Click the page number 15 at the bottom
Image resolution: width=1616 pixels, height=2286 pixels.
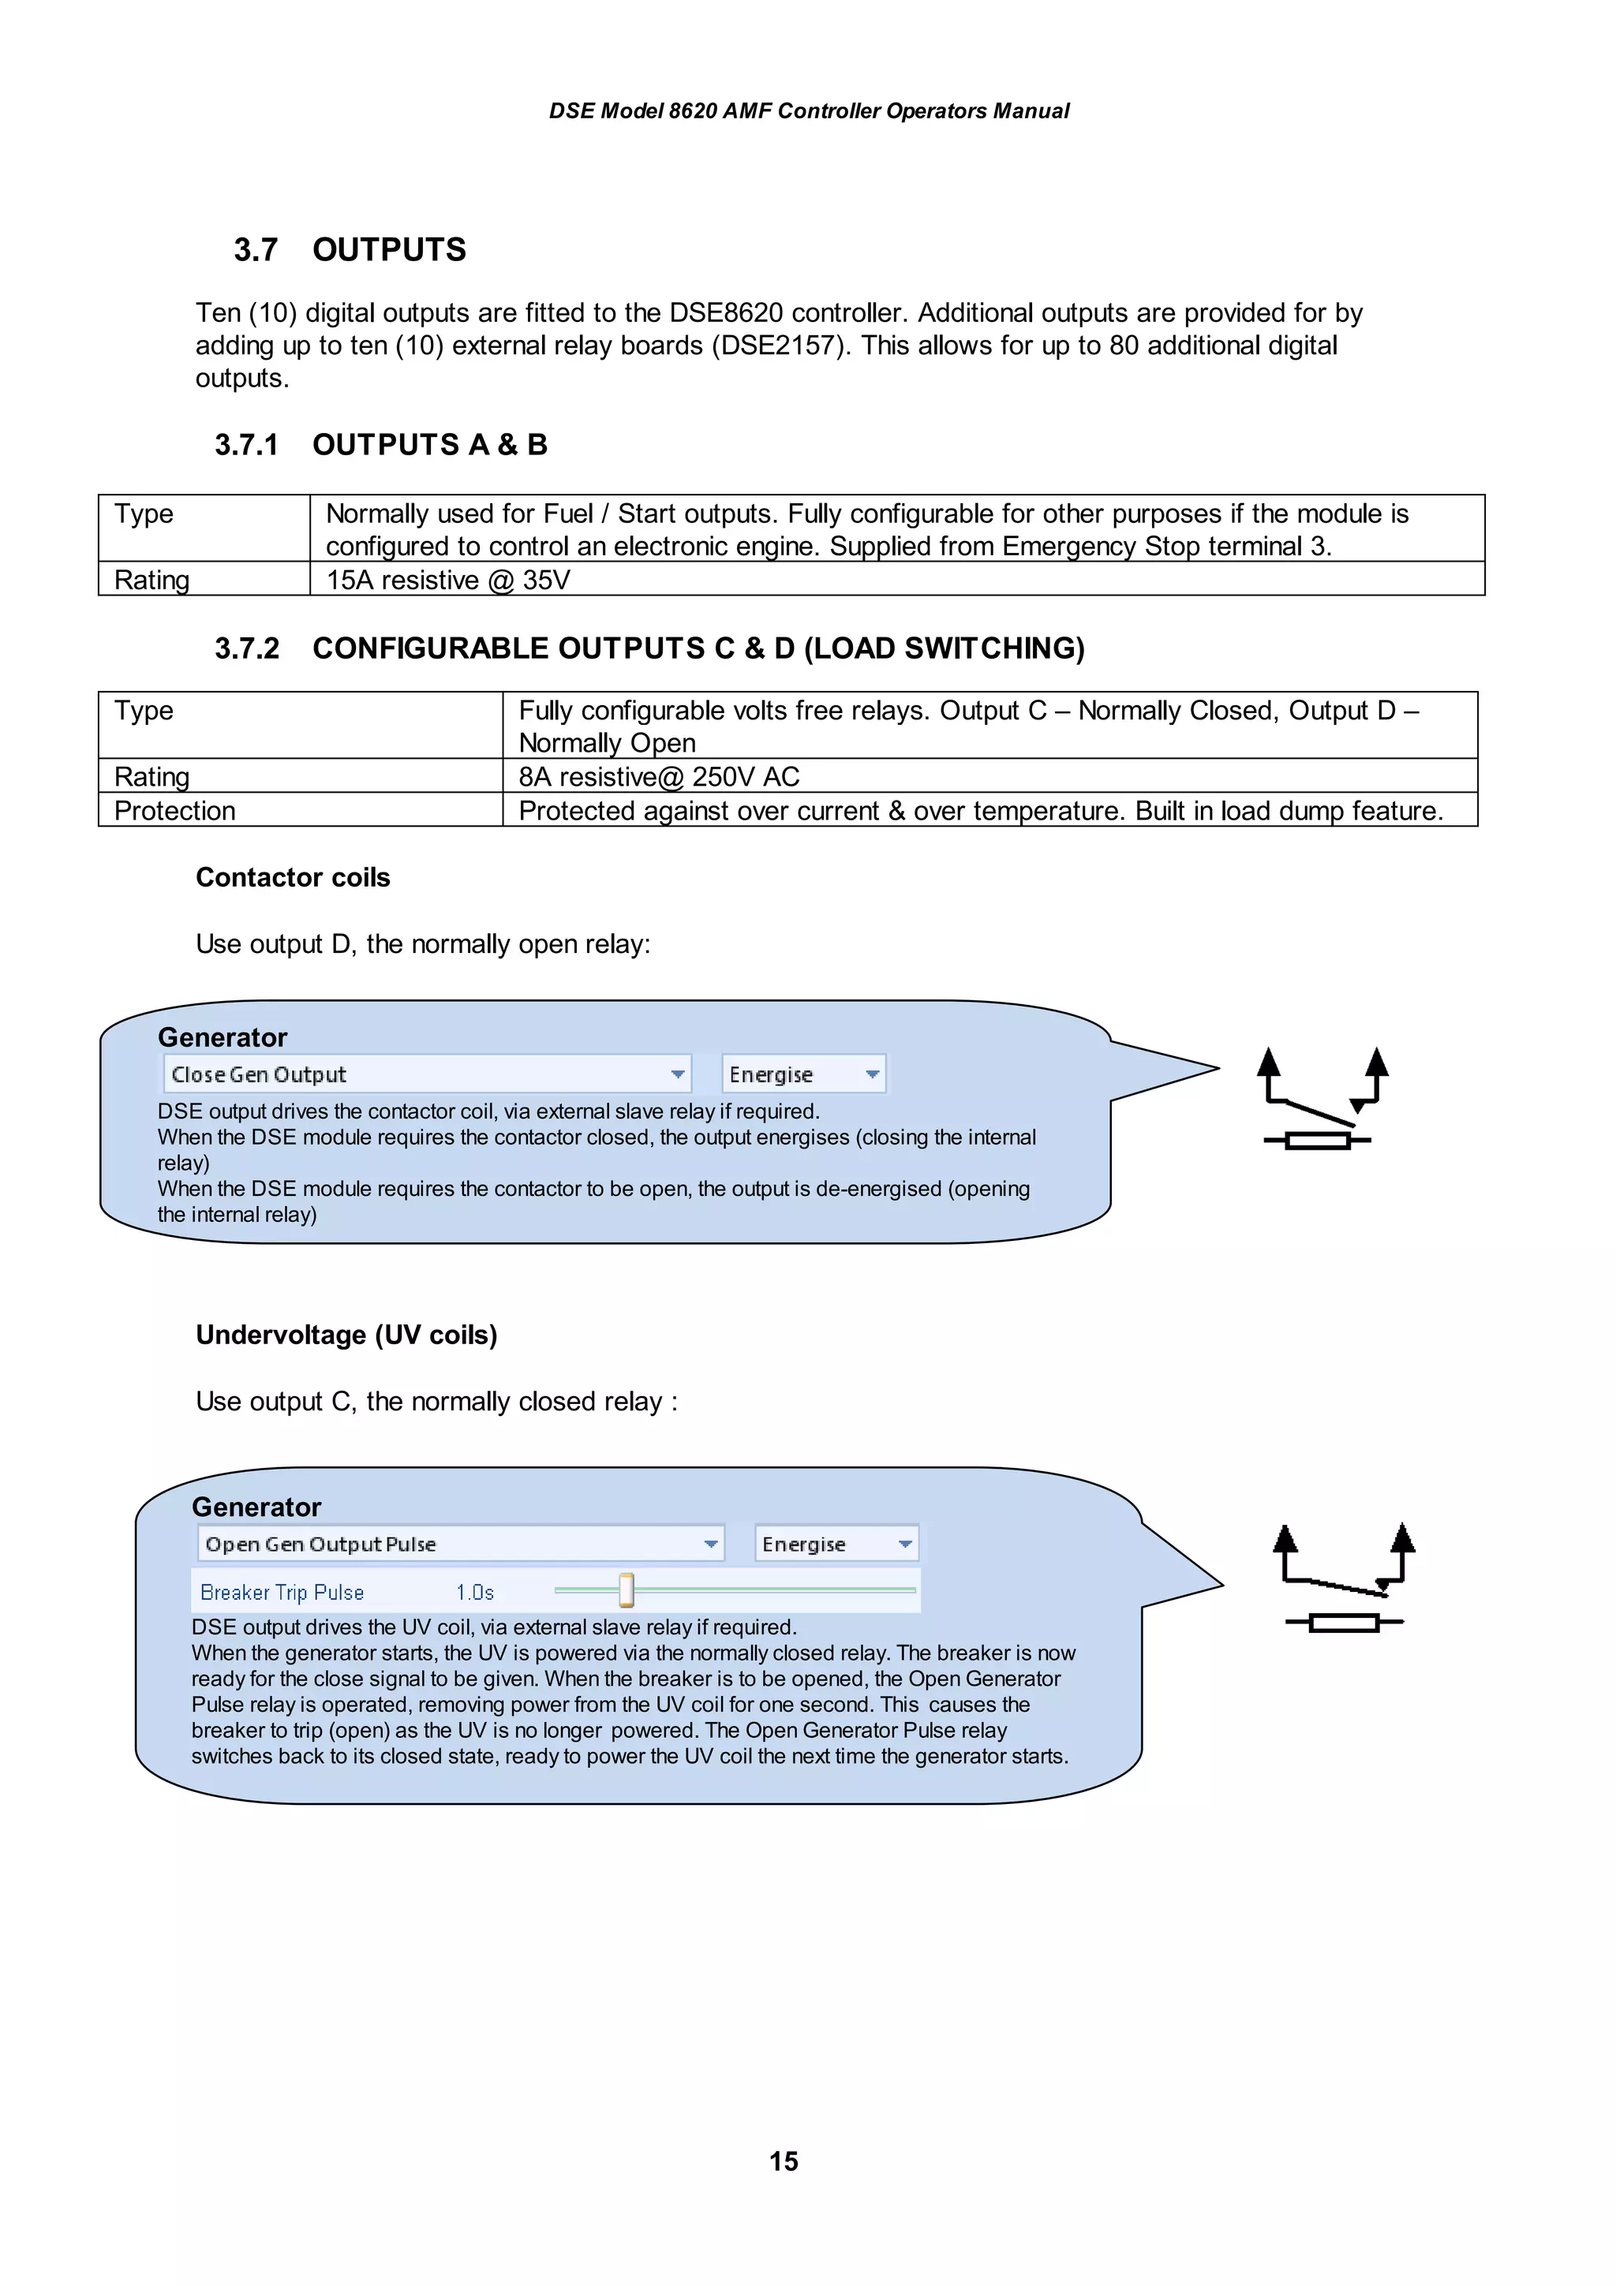point(784,2161)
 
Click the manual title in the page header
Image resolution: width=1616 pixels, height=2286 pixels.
point(809,110)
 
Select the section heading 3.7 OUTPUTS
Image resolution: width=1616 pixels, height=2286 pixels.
point(350,249)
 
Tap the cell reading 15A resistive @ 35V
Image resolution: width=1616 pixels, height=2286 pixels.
point(448,580)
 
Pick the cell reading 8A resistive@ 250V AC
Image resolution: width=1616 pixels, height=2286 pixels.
point(659,777)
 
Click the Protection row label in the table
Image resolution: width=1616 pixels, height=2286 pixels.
point(175,810)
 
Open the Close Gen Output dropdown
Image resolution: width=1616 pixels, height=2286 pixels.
point(427,1074)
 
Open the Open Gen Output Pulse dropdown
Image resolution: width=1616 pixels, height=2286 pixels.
point(460,1545)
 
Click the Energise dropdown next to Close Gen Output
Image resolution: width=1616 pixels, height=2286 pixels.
point(803,1074)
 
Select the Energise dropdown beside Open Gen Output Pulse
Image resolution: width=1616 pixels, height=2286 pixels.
point(836,1545)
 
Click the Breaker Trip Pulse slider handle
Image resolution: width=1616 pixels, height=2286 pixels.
point(627,1590)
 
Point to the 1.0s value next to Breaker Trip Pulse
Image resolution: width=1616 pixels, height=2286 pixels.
point(475,1592)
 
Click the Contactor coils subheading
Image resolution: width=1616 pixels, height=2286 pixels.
point(293,877)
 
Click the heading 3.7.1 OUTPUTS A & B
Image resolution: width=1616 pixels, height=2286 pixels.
point(381,444)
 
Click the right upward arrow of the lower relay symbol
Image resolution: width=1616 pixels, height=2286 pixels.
point(1403,1537)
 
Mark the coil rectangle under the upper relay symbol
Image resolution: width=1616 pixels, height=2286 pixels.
point(1317,1141)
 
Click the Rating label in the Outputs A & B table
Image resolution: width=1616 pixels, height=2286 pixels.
point(151,580)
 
